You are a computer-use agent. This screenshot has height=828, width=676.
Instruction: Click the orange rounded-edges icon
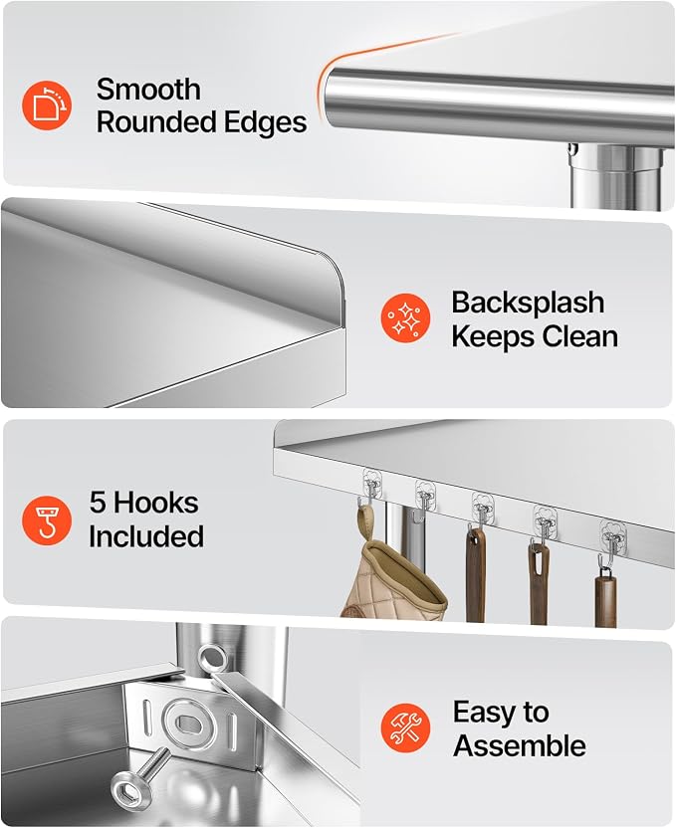click(x=47, y=105)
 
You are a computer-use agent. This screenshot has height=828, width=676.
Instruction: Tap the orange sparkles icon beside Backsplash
click(x=405, y=317)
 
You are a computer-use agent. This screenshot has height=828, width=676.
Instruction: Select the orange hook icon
click(x=47, y=520)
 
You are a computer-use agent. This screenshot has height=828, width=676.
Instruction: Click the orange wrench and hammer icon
click(x=405, y=727)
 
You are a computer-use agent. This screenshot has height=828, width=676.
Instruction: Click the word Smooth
click(x=148, y=89)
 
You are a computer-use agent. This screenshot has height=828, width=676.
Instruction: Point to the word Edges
click(x=265, y=123)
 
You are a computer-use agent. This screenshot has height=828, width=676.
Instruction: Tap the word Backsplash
click(x=528, y=303)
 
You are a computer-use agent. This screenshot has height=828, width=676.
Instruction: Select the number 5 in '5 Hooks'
click(x=98, y=502)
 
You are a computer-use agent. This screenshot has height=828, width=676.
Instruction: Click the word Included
click(x=146, y=536)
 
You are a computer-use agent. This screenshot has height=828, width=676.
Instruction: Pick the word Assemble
click(x=519, y=745)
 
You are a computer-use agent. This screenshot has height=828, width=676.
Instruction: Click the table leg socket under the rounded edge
click(x=616, y=173)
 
